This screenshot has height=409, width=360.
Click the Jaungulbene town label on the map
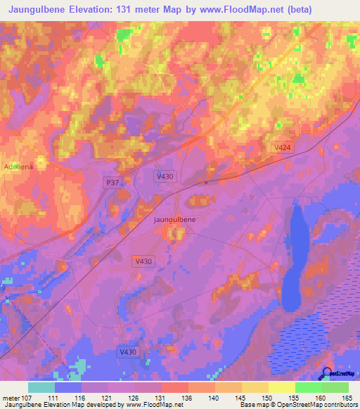[174, 219]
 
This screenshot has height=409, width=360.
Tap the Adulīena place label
[18, 167]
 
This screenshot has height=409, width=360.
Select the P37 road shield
[110, 182]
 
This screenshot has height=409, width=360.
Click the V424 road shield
[282, 146]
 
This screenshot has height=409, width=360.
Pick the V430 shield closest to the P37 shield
[164, 176]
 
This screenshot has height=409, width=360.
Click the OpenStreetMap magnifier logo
[326, 373]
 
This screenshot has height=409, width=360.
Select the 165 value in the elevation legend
[345, 398]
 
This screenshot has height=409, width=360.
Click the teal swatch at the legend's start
[41, 388]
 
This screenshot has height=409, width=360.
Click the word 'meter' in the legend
[10, 398]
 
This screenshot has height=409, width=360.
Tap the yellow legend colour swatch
[282, 388]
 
